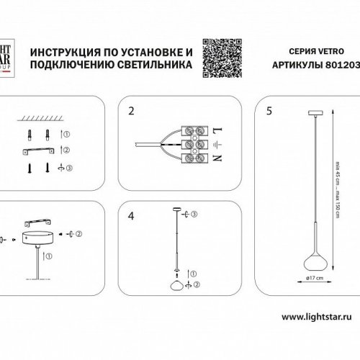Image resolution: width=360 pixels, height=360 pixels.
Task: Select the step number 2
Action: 131,112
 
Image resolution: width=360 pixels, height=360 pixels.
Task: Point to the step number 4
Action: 131,215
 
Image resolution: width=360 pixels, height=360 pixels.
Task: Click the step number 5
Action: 269,112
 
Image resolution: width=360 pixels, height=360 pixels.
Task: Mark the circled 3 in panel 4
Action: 194,214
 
